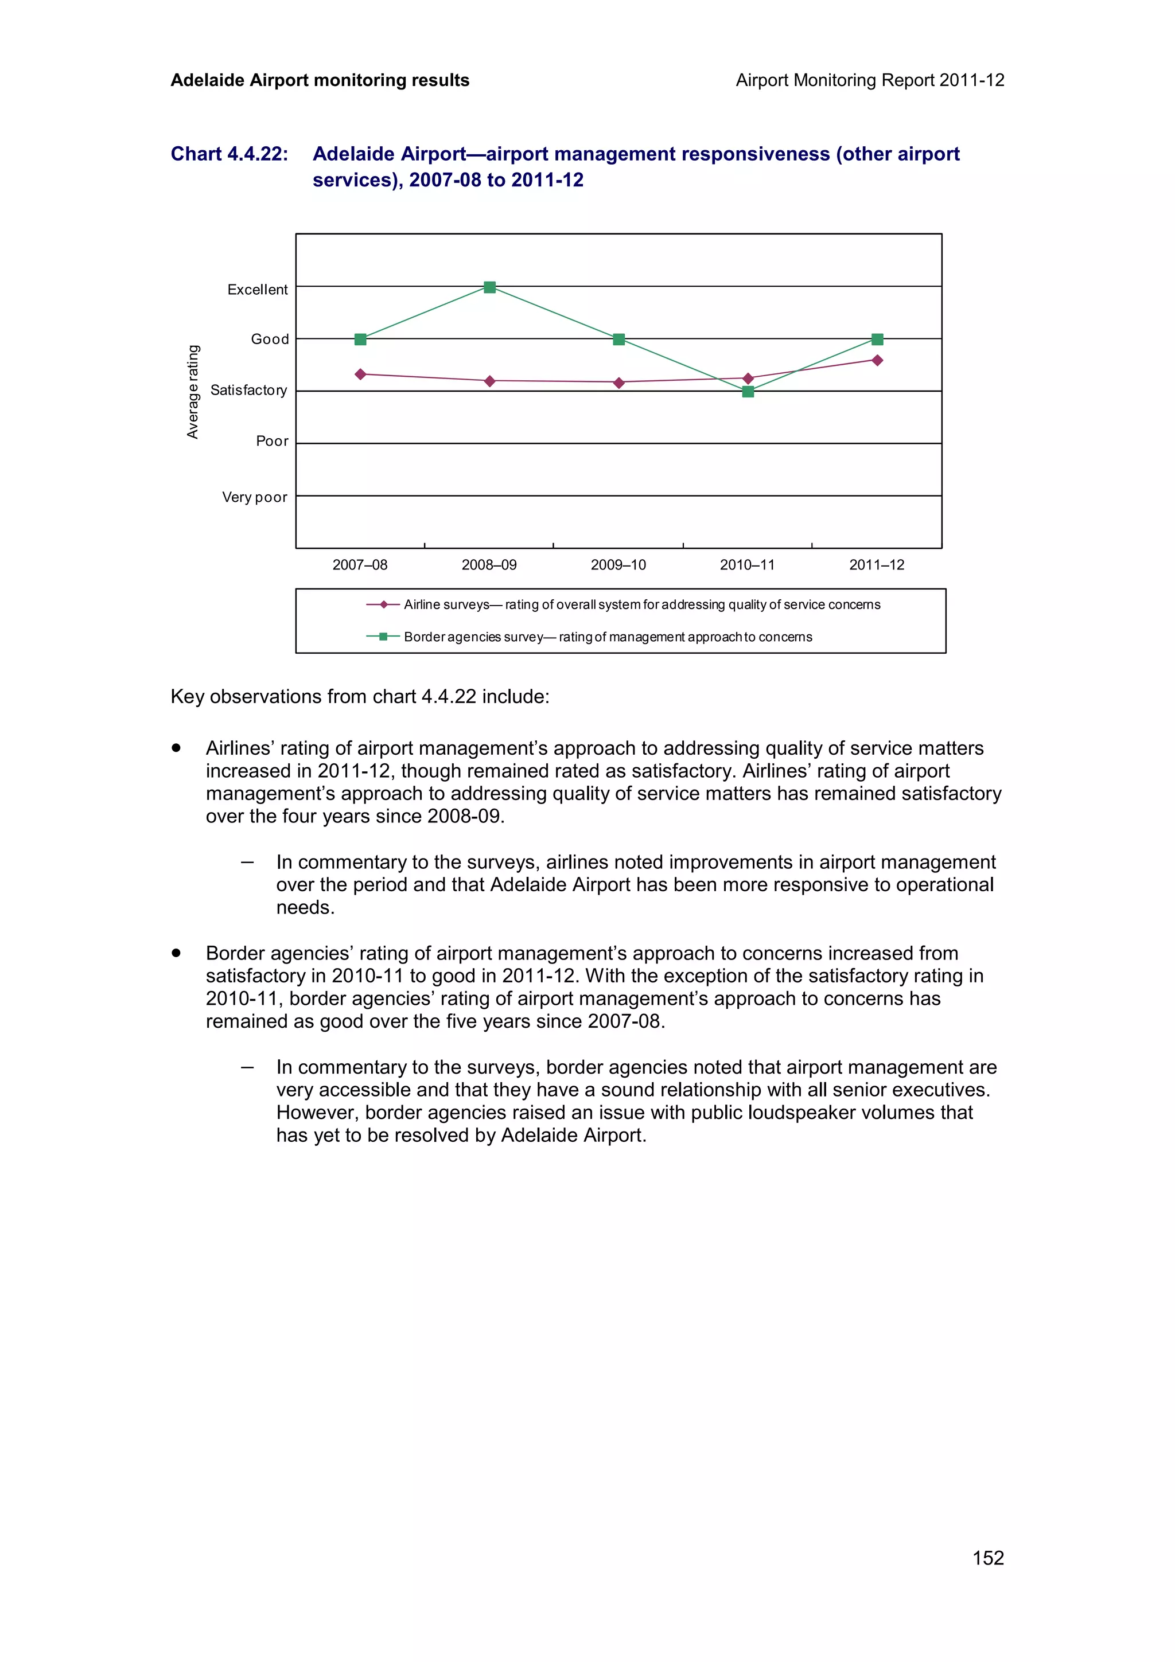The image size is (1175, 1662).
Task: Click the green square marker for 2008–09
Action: (x=489, y=287)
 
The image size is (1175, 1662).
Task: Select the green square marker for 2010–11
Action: (x=748, y=392)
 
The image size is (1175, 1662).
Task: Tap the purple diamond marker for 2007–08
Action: (x=360, y=374)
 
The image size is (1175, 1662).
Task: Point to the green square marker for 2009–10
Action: (x=619, y=340)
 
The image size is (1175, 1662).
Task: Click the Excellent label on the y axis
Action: (x=257, y=290)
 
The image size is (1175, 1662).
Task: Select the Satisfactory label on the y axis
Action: (x=248, y=390)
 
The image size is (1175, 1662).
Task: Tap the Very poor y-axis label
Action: (x=254, y=497)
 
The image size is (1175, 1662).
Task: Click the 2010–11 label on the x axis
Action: (x=747, y=565)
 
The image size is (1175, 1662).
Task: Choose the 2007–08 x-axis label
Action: (x=360, y=565)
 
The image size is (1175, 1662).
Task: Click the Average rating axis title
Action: (x=193, y=392)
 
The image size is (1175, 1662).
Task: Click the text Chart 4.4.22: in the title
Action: (x=229, y=154)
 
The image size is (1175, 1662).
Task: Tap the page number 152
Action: (x=987, y=1558)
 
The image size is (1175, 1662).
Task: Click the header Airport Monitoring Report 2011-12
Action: (x=869, y=80)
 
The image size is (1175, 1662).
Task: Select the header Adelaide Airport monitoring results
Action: (x=320, y=80)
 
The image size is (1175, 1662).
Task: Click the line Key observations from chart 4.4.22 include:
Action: (x=360, y=696)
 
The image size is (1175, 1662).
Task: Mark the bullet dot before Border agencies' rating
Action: (x=176, y=953)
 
